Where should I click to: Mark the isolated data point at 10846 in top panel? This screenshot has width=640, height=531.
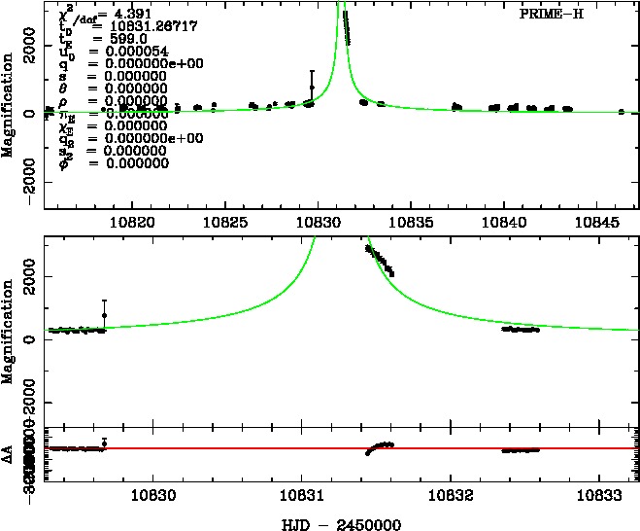point(621,112)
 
